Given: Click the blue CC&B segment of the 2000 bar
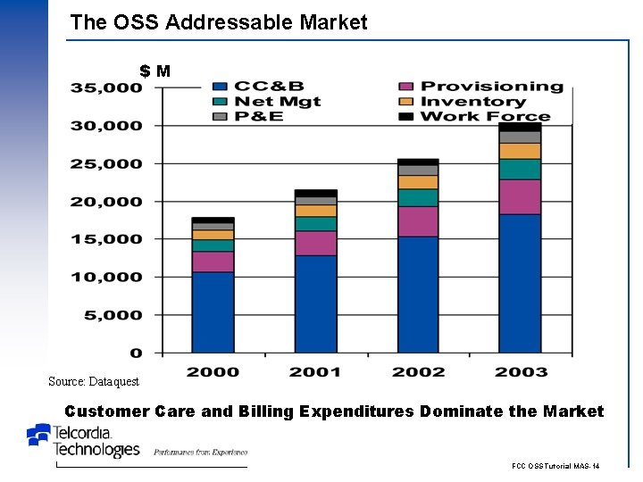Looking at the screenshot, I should (x=213, y=312).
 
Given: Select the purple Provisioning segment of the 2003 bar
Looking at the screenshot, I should (x=520, y=196).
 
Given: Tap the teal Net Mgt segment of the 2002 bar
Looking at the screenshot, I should (x=418, y=197).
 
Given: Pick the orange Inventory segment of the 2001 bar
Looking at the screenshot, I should (x=315, y=211).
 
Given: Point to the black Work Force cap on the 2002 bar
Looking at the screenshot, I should (x=418, y=162).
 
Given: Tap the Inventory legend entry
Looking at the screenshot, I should (x=473, y=102).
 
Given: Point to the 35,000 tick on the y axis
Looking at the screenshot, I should (x=106, y=87).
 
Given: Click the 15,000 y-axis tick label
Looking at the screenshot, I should (x=106, y=239).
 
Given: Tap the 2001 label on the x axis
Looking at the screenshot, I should (x=315, y=371).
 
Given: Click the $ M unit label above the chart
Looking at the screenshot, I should (x=154, y=71).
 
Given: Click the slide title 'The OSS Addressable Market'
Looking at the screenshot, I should (x=218, y=22).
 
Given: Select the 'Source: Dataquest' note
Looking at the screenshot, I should (x=94, y=381).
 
